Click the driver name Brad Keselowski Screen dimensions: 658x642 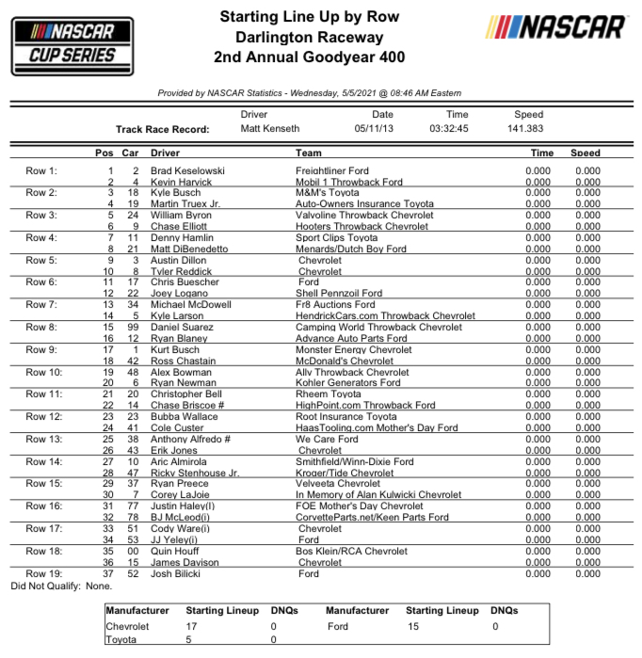coord(187,170)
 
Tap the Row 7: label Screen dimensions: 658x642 coord(41,305)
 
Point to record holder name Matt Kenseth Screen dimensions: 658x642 coord(270,129)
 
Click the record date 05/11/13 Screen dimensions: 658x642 coord(376,129)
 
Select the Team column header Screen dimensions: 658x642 coord(308,152)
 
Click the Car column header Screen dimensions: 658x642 coord(131,152)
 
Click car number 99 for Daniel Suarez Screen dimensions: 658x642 coord(133,328)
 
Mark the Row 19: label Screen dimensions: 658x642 coord(43,573)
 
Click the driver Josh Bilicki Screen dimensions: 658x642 coord(176,573)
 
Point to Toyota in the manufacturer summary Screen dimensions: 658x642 coord(122,640)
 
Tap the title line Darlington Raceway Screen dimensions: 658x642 coord(309,38)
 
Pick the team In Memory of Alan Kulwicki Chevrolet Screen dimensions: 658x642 coord(378,495)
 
